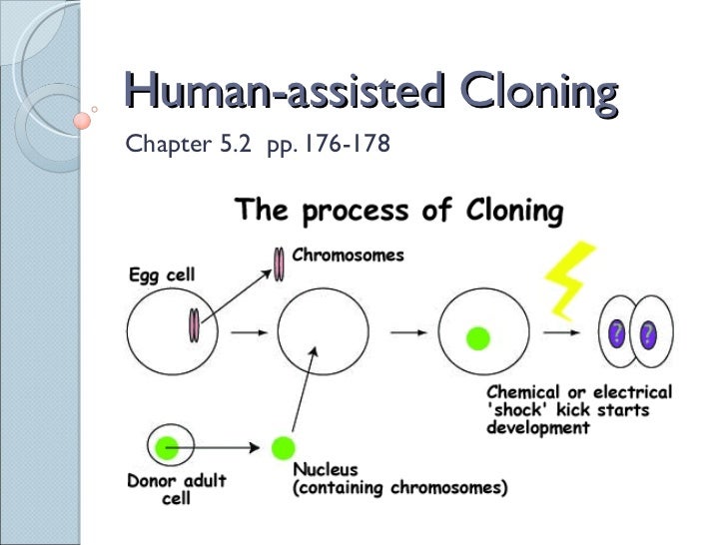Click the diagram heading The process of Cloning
click(398, 212)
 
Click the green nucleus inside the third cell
click(479, 337)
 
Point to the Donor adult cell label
click(176, 489)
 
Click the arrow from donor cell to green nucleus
click(229, 446)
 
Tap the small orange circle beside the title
click(84, 118)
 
